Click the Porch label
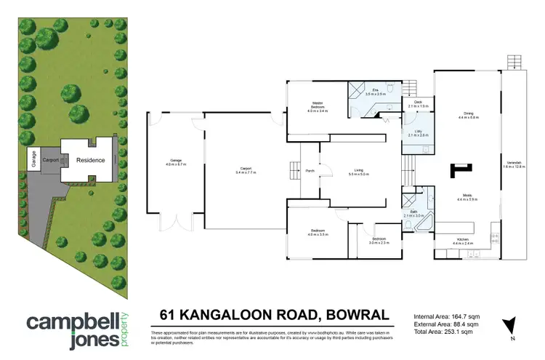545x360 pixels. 310,171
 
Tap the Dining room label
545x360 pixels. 469,115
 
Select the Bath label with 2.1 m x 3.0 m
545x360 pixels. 413,214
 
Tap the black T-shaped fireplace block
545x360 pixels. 460,169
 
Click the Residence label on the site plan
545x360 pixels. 92,160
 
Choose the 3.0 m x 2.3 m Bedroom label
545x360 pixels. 379,240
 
